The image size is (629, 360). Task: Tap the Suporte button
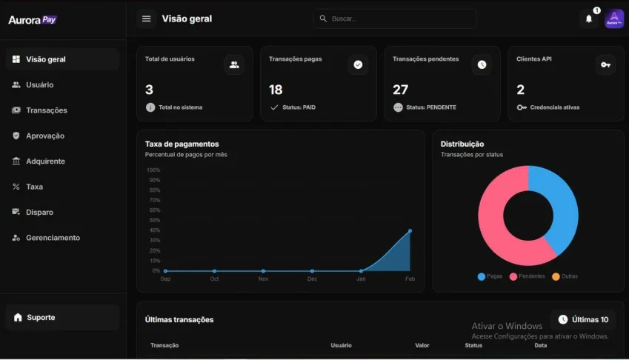pos(62,317)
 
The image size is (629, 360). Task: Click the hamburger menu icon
pos(147,19)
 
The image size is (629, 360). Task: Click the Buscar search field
pos(395,19)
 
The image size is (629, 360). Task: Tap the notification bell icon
pos(589,19)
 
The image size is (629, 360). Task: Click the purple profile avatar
pos(614,19)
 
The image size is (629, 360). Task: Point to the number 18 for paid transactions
pos(276,90)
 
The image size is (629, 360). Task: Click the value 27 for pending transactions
pos(400,90)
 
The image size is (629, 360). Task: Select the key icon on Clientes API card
pos(605,64)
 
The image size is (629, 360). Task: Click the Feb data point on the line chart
pos(410,231)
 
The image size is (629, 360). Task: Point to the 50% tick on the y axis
pos(154,220)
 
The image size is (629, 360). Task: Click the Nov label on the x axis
pos(263,279)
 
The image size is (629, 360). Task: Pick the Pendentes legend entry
pos(527,276)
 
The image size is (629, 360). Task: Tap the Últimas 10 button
pos(583,319)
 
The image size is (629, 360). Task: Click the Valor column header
pos(422,345)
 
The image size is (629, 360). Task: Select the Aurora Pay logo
pos(33,20)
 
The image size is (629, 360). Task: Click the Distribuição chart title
pos(462,144)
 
